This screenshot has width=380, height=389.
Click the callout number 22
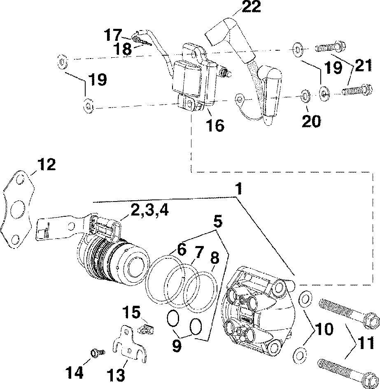tap(251, 7)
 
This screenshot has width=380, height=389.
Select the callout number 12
tap(47, 164)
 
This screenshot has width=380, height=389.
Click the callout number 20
tap(311, 121)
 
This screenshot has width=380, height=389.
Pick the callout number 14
tap(74, 372)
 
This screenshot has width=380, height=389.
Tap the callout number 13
tap(116, 375)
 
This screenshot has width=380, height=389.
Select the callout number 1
tap(238, 189)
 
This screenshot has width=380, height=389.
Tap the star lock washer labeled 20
tap(304, 96)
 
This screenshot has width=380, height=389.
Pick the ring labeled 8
tap(201, 292)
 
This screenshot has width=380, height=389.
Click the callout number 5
tap(218, 222)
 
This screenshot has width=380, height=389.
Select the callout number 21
tap(363, 65)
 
